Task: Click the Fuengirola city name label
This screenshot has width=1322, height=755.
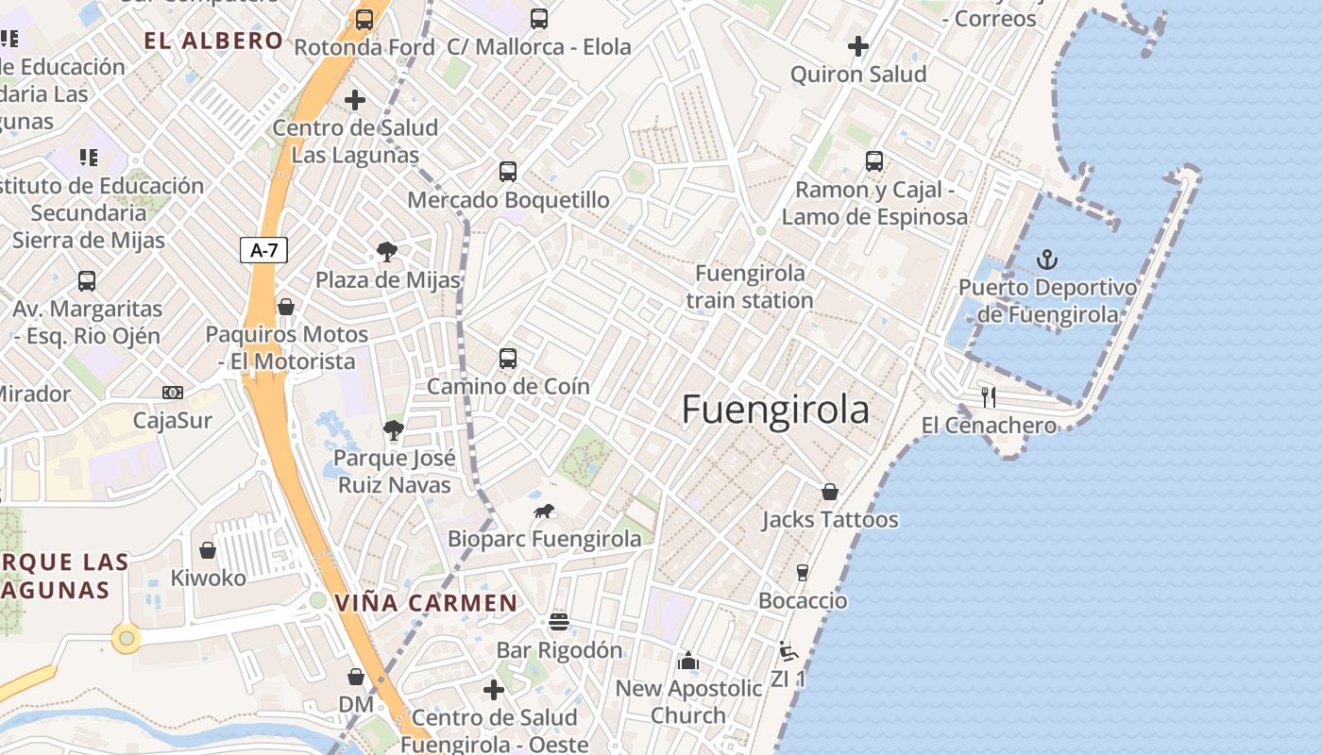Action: click(775, 410)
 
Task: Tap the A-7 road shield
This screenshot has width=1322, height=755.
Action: click(263, 250)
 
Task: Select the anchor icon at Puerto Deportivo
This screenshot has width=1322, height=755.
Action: click(1046, 260)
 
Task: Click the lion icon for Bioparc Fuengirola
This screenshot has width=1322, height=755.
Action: click(544, 512)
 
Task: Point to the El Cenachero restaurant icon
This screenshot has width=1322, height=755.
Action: click(989, 396)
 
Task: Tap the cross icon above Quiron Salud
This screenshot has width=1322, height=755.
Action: click(857, 45)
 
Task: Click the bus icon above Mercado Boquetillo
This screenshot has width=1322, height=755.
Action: click(508, 172)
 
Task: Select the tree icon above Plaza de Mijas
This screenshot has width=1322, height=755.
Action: click(386, 251)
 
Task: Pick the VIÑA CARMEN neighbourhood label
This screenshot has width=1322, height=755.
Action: click(426, 603)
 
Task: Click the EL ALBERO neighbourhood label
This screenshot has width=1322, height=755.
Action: click(213, 41)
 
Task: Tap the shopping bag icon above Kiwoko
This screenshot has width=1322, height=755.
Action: click(208, 549)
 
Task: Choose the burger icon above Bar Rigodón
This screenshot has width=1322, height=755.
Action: click(559, 622)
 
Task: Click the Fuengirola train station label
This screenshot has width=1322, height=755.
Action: click(750, 287)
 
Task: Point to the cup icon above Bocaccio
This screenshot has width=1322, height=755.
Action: click(803, 572)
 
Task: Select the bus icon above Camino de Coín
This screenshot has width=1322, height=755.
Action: click(508, 359)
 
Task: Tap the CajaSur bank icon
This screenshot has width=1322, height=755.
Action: click(173, 393)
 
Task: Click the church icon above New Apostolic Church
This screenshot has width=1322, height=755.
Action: click(688, 661)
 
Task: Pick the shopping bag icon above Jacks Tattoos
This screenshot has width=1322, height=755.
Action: click(830, 491)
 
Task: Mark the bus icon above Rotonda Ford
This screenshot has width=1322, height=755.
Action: click(364, 19)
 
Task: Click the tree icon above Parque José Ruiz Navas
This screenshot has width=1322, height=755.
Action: click(394, 430)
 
